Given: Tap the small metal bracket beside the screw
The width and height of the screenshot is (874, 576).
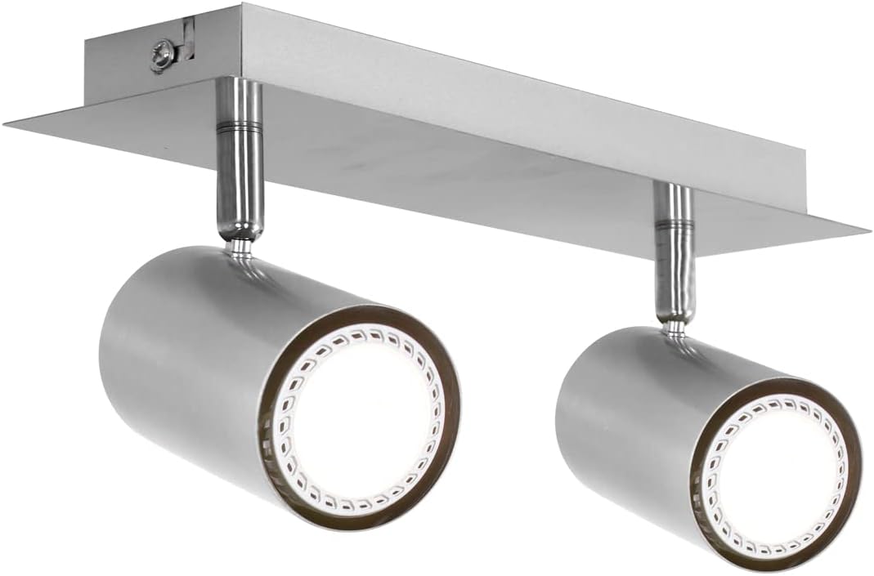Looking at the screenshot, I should click(186, 39).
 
